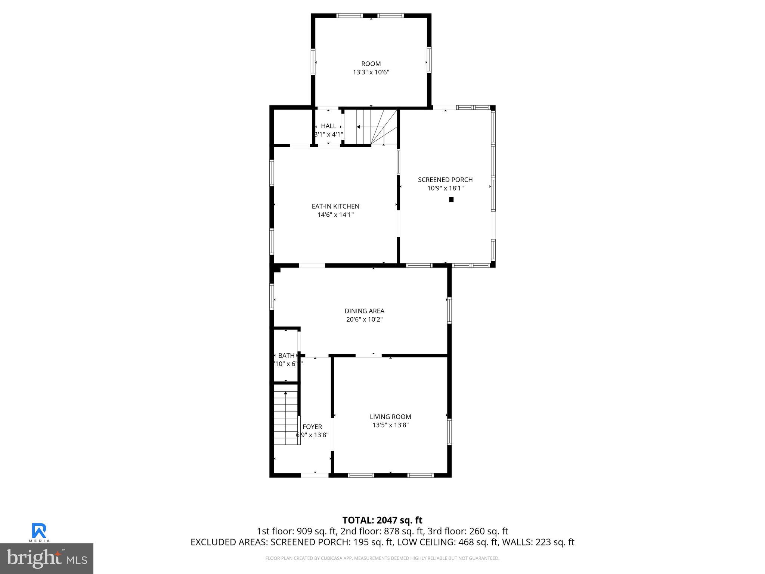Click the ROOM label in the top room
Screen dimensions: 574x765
tap(371, 64)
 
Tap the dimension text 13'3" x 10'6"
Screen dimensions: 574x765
tap(371, 72)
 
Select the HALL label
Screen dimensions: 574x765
tap(328, 126)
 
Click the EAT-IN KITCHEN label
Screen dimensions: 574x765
tap(335, 206)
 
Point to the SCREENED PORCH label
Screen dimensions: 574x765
tap(445, 180)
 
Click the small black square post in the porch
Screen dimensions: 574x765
tap(451, 200)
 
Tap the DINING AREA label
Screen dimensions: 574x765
tap(364, 311)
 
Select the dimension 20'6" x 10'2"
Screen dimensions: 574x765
tap(364, 320)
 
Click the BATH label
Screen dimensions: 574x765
tap(286, 356)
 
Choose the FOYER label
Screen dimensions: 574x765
tap(312, 427)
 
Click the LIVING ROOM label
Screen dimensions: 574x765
tap(390, 417)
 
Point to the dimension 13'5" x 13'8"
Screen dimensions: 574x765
tap(390, 425)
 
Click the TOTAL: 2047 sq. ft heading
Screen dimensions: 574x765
tap(382, 520)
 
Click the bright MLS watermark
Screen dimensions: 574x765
tap(47, 558)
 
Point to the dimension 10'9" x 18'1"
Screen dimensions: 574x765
tap(445, 188)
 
